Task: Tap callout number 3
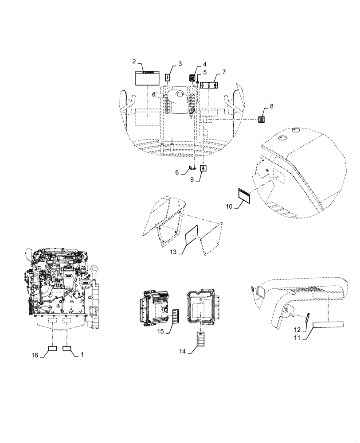click(180, 64)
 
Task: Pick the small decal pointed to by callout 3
click(168, 78)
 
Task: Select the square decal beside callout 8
click(262, 120)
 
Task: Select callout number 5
click(205, 72)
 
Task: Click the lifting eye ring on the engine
click(95, 270)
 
